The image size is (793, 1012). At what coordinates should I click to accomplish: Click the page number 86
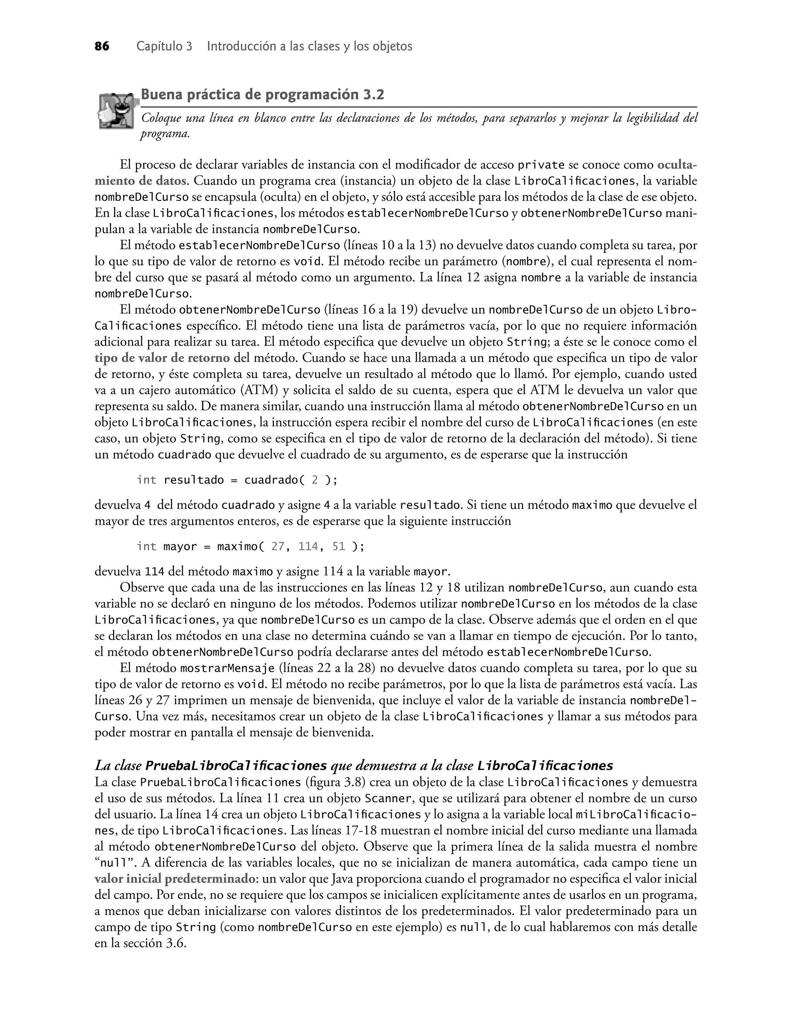point(102,47)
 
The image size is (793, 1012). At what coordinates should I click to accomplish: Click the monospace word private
point(541,165)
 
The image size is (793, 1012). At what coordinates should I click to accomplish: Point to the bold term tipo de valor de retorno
point(162,358)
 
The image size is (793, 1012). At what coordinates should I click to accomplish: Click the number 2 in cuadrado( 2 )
point(314,480)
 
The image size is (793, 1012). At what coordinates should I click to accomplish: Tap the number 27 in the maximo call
point(278,547)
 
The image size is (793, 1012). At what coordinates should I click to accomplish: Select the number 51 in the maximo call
point(338,547)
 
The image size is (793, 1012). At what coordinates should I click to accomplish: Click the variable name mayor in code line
point(180,547)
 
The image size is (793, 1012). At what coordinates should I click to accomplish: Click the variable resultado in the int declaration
point(194,480)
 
